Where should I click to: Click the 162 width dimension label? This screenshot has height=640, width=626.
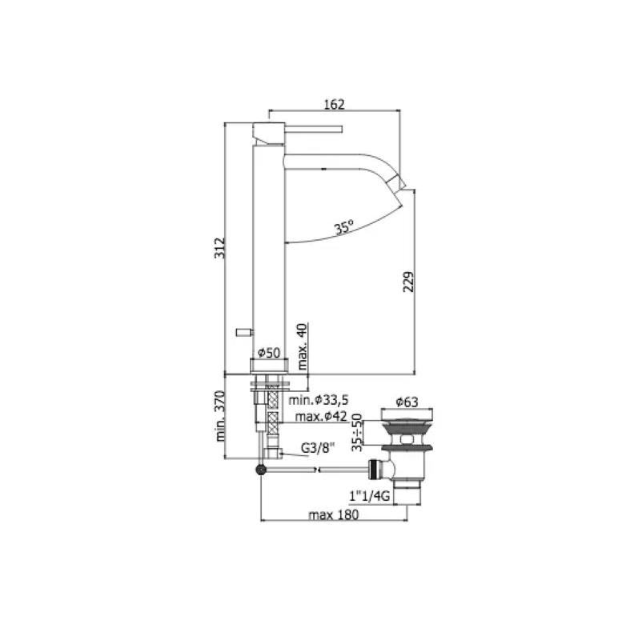tap(334, 104)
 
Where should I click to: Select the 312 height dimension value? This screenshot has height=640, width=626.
tap(219, 248)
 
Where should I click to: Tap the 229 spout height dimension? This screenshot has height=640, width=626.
tap(408, 282)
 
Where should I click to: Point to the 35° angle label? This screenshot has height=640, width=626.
tap(344, 227)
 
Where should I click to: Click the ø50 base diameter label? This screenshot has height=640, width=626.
tap(269, 353)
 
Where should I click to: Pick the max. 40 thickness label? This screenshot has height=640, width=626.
tap(302, 346)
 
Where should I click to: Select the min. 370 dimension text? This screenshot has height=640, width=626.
tap(220, 416)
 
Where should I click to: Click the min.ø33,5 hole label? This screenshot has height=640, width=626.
tap(319, 399)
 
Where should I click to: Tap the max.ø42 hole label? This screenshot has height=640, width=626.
tap(321, 416)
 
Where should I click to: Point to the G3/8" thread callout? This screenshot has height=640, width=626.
tap(318, 448)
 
